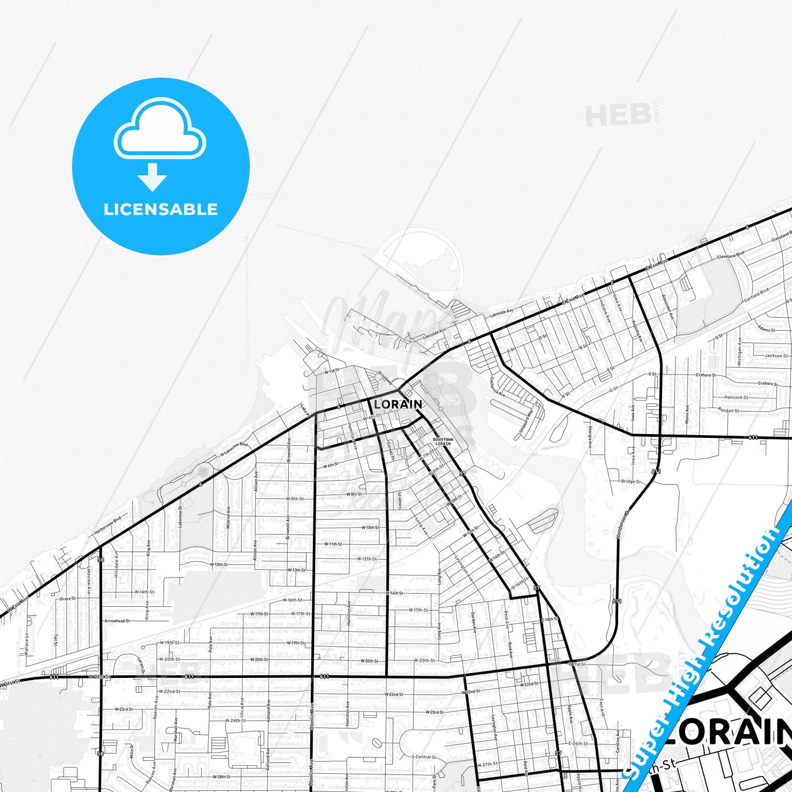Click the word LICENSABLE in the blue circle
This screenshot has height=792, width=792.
coord(161,209)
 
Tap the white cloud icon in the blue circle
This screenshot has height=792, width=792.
coord(160,130)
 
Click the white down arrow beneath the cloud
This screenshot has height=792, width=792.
coord(152,177)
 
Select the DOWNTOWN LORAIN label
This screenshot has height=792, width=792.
coord(443,441)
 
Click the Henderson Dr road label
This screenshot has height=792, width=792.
coord(623,523)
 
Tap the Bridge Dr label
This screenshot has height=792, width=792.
coord(631,482)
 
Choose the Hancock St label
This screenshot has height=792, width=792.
coord(736,397)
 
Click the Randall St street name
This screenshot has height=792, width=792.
coord(728,410)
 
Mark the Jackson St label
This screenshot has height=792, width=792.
coord(776,356)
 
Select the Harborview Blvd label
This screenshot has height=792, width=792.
coord(107,526)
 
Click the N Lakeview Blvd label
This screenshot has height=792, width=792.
coord(235,449)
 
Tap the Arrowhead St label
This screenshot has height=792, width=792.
coord(117,621)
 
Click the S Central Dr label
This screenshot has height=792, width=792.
coord(424,757)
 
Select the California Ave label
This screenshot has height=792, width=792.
coord(498,386)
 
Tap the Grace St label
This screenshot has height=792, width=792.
coord(68,599)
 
